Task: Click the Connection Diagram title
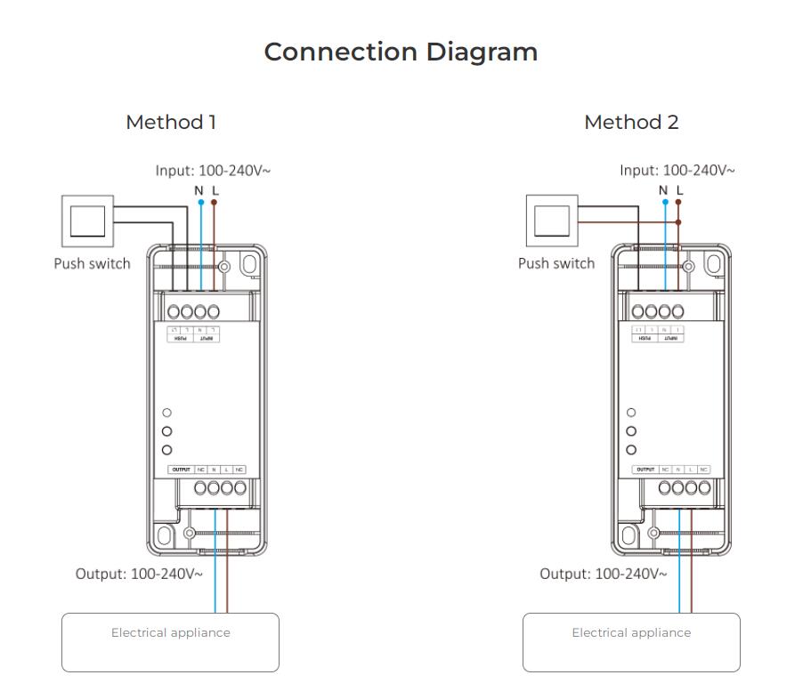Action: click(401, 52)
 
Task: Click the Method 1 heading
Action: click(171, 123)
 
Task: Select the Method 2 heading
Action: click(631, 123)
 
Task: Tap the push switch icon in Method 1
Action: click(87, 221)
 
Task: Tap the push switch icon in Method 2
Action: click(552, 221)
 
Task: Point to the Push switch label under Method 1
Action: click(92, 263)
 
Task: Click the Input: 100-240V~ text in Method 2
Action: click(677, 170)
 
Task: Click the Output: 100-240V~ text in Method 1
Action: click(139, 574)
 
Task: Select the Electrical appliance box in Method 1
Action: click(170, 642)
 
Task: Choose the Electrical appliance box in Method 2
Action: click(631, 642)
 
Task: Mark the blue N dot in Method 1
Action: click(201, 203)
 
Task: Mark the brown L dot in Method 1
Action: click(215, 203)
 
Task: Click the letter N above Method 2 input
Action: click(663, 190)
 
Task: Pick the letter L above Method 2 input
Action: click(679, 190)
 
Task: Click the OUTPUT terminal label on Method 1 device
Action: click(181, 470)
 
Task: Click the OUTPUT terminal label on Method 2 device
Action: click(645, 470)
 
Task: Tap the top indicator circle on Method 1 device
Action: click(166, 413)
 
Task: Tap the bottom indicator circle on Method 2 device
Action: click(631, 450)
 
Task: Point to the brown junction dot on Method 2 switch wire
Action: click(679, 222)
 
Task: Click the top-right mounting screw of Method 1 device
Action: click(224, 266)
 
